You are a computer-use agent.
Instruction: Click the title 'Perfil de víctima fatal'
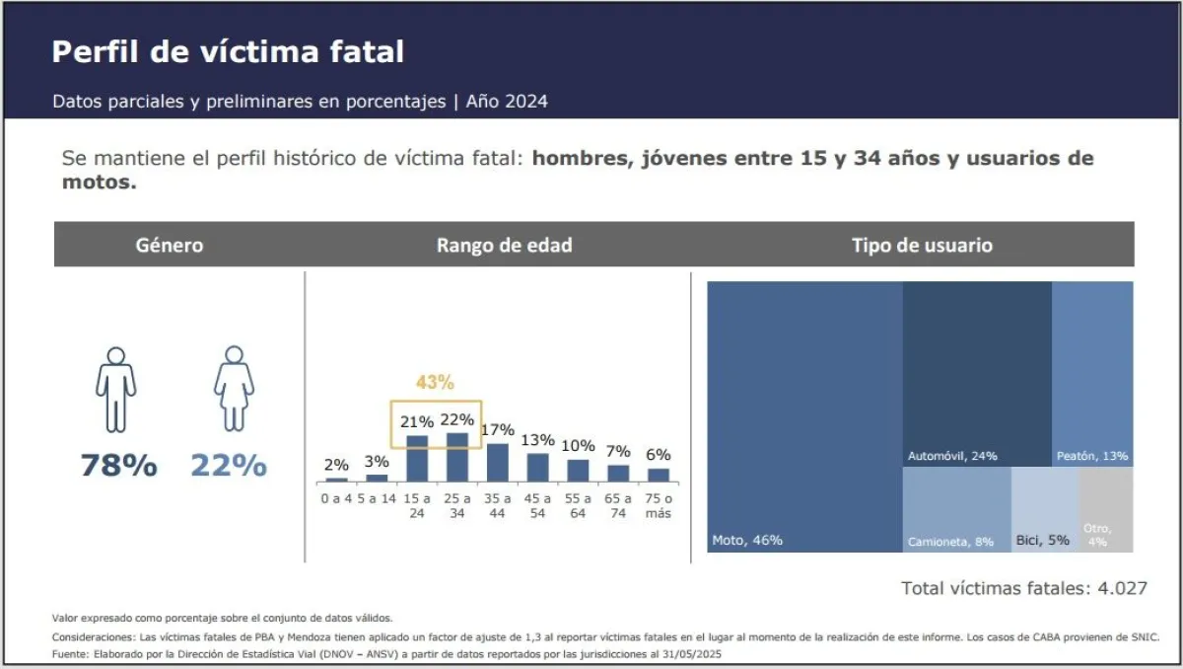[x=228, y=52]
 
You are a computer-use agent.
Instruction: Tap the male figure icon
[x=116, y=389]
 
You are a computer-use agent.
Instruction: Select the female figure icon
[x=234, y=389]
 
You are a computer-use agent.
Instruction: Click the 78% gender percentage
[x=118, y=465]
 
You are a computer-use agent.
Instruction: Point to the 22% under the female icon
[x=229, y=465]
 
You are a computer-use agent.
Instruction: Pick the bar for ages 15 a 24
[x=418, y=458]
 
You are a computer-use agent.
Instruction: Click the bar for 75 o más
[x=659, y=475]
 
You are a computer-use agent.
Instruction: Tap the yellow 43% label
[x=434, y=382]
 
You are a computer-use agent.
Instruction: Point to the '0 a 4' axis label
[x=337, y=498]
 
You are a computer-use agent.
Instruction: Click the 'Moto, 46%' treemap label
[x=747, y=540]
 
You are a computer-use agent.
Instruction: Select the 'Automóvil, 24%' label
[x=952, y=456]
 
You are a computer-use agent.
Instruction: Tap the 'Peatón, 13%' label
[x=1091, y=456]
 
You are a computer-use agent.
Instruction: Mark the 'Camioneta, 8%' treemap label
[x=950, y=542]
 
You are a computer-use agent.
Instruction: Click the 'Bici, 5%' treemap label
[x=1043, y=541]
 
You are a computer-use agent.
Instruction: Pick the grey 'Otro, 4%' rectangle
[x=1105, y=510]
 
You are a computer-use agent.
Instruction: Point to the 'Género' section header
[x=170, y=245]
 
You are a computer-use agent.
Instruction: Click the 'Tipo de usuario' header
[x=922, y=245]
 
